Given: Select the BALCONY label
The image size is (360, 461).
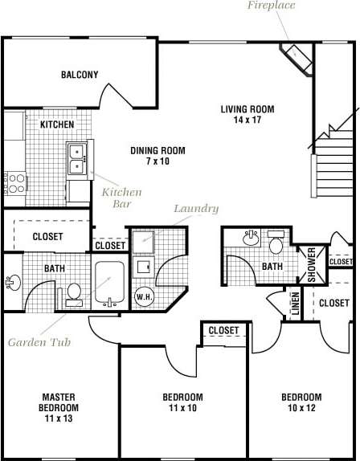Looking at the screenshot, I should [80, 75].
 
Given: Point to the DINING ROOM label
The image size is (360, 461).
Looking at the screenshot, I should [157, 156].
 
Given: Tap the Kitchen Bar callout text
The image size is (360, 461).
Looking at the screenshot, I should [121, 198].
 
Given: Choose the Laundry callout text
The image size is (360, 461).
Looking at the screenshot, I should [196, 209].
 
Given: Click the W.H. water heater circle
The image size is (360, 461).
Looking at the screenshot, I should [144, 296].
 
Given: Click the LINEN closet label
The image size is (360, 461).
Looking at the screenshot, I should [295, 304].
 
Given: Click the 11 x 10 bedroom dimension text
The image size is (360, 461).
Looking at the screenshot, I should [182, 408].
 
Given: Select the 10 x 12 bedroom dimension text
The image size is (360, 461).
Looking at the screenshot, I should [301, 408].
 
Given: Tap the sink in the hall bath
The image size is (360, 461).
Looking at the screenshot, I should [251, 238].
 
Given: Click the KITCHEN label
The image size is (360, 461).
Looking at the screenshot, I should [57, 124].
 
